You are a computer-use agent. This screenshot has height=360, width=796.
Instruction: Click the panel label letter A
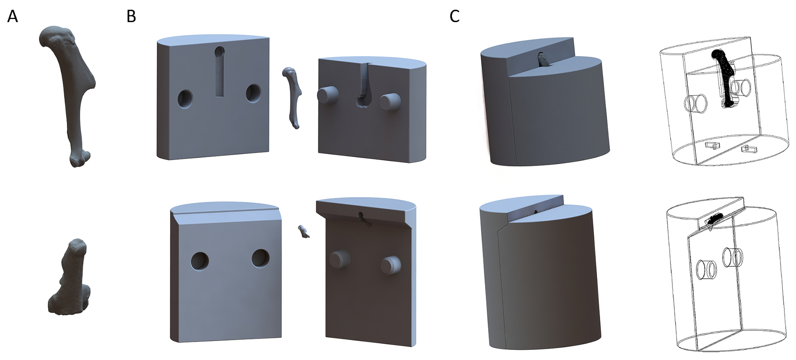point(13,16)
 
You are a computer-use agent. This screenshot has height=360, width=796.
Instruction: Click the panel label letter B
point(131,16)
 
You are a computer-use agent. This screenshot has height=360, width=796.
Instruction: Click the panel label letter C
point(454,16)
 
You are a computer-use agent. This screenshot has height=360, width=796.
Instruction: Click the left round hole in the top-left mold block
point(185,98)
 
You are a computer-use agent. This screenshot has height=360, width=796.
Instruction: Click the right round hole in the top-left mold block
point(253,93)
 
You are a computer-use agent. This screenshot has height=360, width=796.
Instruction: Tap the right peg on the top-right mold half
point(390,101)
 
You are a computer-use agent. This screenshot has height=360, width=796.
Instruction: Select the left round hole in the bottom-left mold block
point(200,260)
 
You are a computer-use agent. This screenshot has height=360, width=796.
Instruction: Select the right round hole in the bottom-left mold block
point(260,258)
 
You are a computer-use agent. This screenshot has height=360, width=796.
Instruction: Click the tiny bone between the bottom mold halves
point(304,231)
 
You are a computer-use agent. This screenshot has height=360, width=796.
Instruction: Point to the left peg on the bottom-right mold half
point(340,259)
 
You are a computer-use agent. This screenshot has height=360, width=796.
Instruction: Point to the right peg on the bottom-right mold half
point(391,264)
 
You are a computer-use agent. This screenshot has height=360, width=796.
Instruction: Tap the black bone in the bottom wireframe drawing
point(712,218)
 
